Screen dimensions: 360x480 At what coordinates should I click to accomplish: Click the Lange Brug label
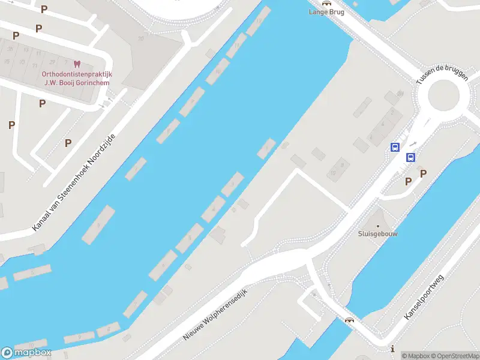point(326,11)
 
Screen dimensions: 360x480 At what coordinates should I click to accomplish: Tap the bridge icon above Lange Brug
point(326,3)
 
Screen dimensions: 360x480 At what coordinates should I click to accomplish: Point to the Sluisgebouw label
point(377,234)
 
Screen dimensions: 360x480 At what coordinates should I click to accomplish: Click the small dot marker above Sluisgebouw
point(377,226)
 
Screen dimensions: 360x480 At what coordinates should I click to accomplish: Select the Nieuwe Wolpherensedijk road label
point(215,314)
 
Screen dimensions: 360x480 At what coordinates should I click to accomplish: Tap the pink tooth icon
point(76,64)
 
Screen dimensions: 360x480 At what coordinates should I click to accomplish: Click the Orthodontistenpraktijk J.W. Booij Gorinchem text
point(76,79)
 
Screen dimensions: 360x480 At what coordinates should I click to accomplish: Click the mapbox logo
point(26,353)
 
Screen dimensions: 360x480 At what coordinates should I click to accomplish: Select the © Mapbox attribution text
point(416,356)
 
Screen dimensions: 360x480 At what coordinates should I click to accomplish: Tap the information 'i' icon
point(392,349)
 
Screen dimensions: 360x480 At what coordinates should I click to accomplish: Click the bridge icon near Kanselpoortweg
point(349,319)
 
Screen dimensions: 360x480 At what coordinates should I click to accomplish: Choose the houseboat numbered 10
point(217,71)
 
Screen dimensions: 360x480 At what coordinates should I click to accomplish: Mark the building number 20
point(141,38)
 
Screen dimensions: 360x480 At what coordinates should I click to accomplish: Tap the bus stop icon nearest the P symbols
point(411,158)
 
